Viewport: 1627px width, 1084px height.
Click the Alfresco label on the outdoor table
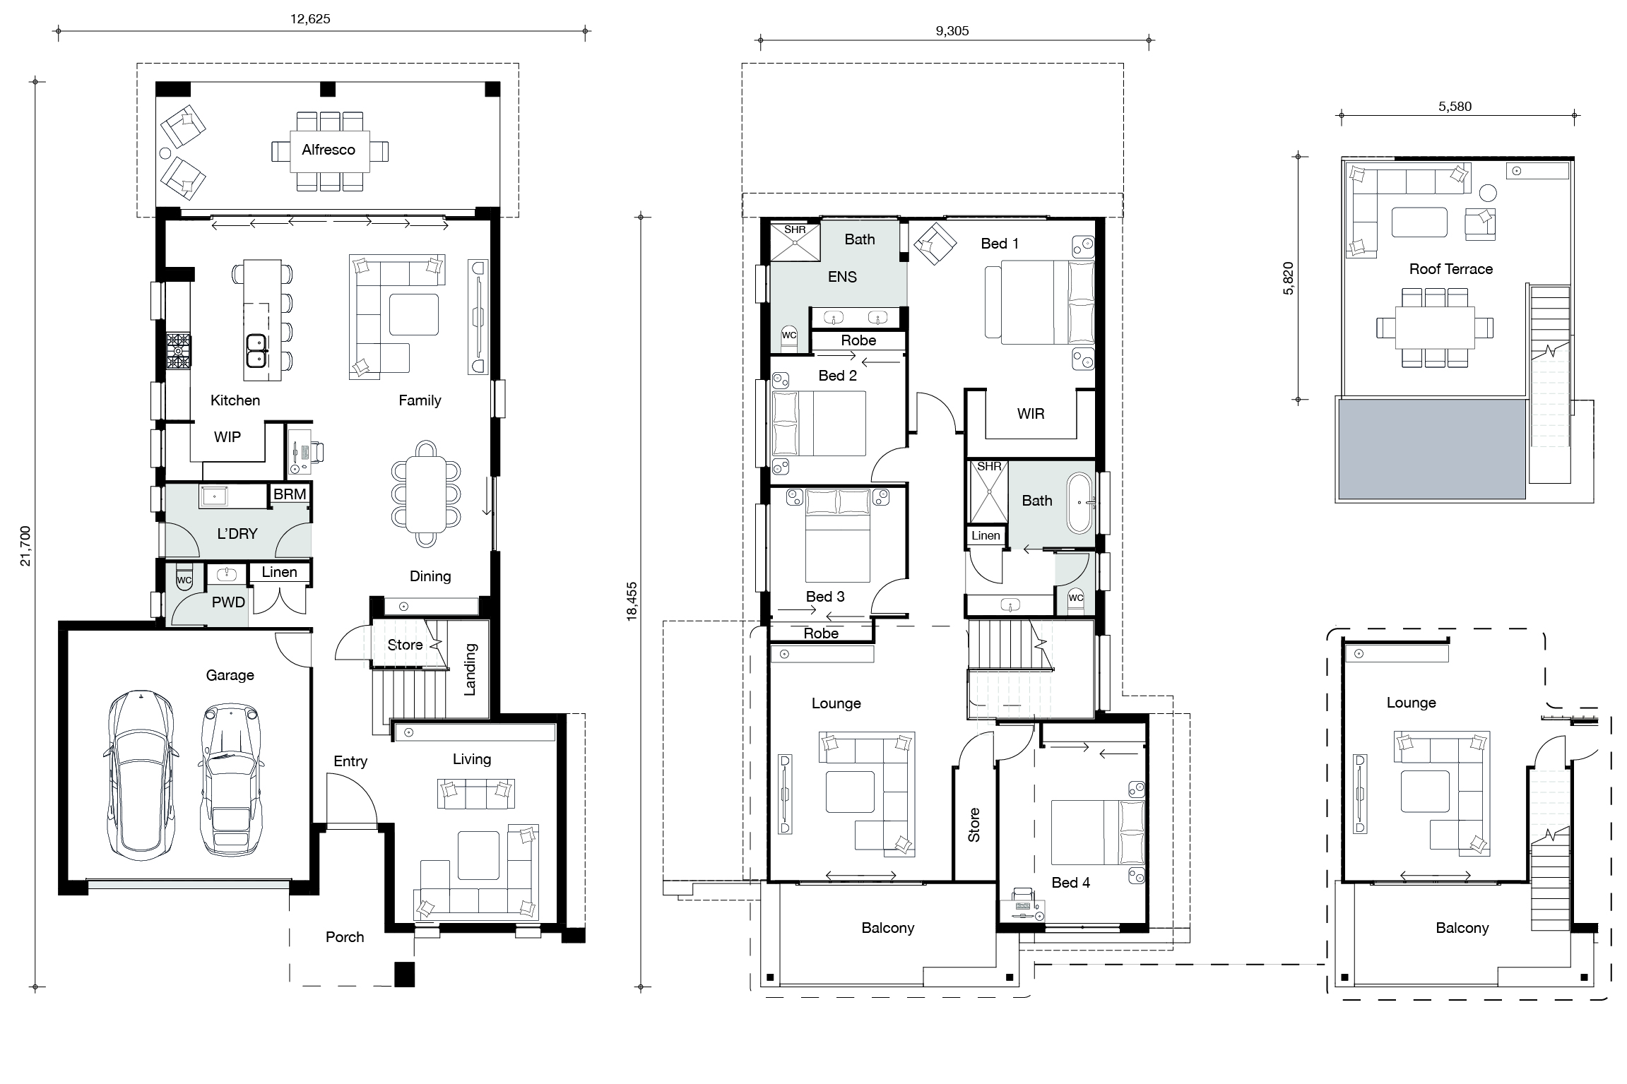(328, 150)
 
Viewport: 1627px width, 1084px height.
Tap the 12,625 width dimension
(310, 19)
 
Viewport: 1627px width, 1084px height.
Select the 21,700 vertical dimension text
(25, 545)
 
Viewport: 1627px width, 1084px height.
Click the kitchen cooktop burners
(178, 351)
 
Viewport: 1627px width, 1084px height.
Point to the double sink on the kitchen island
(256, 351)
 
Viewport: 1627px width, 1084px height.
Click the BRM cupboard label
(290, 494)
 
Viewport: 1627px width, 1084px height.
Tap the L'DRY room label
(237, 534)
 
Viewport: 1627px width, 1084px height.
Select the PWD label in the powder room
(228, 602)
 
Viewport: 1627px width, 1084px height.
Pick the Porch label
(345, 937)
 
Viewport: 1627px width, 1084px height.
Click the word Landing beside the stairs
(470, 669)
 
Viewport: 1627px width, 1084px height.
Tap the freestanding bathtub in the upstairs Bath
(1079, 503)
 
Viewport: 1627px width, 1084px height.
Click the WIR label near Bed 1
(1030, 414)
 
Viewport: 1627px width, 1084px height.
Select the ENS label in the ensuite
(842, 277)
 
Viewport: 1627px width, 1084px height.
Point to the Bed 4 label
(1070, 883)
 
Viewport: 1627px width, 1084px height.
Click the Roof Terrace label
(1450, 269)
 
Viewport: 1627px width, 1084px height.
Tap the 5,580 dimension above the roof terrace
(1455, 107)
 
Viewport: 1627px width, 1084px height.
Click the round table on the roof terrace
(1488, 193)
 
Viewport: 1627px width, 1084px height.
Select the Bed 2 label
(837, 376)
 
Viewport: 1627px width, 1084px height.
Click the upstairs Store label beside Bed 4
(974, 825)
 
